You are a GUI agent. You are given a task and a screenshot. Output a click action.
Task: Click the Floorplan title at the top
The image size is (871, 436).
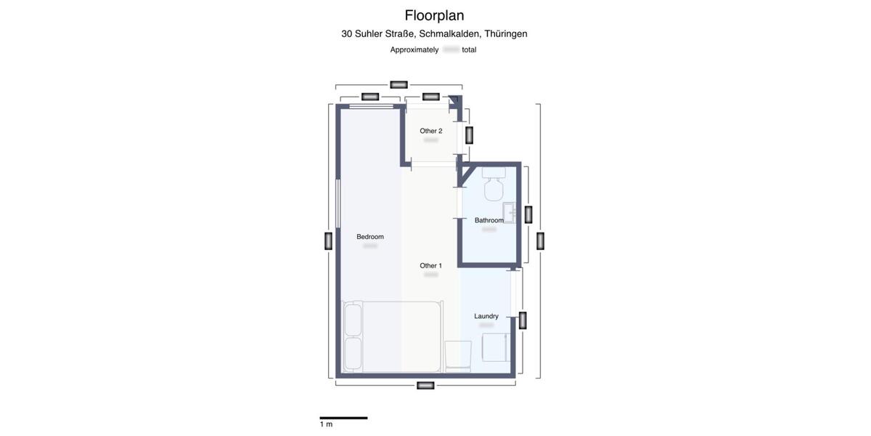[434, 15]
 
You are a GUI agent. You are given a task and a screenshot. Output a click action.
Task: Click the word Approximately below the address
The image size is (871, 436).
[414, 49]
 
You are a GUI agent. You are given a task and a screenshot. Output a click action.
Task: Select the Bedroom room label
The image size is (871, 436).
[370, 237]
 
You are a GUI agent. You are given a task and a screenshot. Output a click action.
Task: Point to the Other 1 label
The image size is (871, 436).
[430, 266]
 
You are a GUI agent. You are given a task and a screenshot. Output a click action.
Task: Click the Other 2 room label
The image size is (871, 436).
[430, 132]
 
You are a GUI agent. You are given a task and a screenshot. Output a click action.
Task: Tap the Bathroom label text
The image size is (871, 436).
[489, 220]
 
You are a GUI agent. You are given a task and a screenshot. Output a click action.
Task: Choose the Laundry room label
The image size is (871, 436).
[486, 316]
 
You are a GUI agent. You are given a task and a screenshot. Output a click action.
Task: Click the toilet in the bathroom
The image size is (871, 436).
[494, 185]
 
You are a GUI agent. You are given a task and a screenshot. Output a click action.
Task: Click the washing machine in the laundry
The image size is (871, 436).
[496, 347]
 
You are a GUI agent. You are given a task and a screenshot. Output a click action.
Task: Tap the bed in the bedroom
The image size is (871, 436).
[392, 337]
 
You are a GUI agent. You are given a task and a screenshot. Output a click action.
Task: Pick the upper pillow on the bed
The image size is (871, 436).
[353, 320]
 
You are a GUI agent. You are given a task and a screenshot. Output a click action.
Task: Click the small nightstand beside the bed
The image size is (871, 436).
[458, 355]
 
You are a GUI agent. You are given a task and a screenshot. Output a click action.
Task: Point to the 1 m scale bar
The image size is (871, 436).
[343, 418]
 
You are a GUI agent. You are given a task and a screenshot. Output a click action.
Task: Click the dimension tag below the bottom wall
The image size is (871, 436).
[426, 385]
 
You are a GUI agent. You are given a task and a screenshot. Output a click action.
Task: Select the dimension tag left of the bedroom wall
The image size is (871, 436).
[328, 241]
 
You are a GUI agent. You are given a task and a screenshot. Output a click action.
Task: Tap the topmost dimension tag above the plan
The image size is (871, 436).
[398, 85]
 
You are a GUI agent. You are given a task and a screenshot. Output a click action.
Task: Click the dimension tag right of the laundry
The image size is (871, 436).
[522, 320]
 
